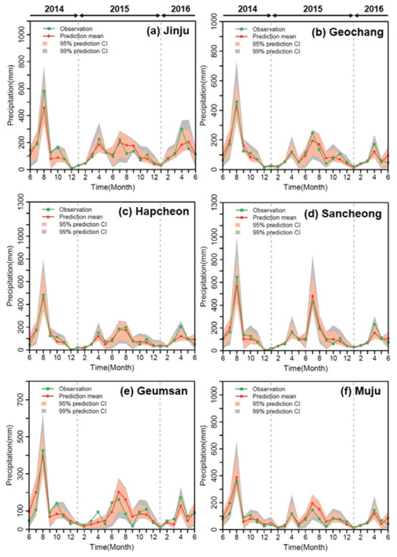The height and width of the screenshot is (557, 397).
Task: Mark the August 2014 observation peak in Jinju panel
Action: point(44,91)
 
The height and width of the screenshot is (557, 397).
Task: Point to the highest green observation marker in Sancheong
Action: point(237,277)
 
